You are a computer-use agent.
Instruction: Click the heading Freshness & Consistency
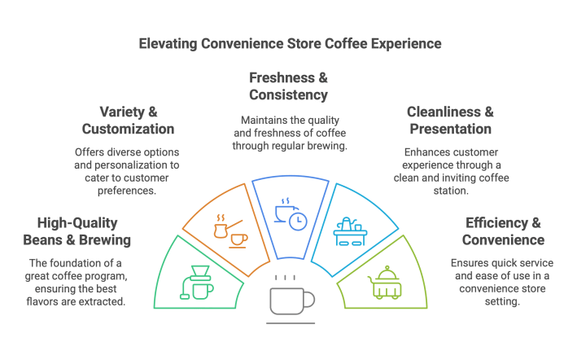click(x=288, y=87)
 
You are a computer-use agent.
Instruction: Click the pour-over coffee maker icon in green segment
click(x=200, y=280)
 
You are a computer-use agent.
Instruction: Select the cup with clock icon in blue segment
click(x=290, y=213)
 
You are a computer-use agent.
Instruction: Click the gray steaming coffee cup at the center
click(x=290, y=299)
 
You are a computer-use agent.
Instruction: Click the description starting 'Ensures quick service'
click(x=499, y=282)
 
